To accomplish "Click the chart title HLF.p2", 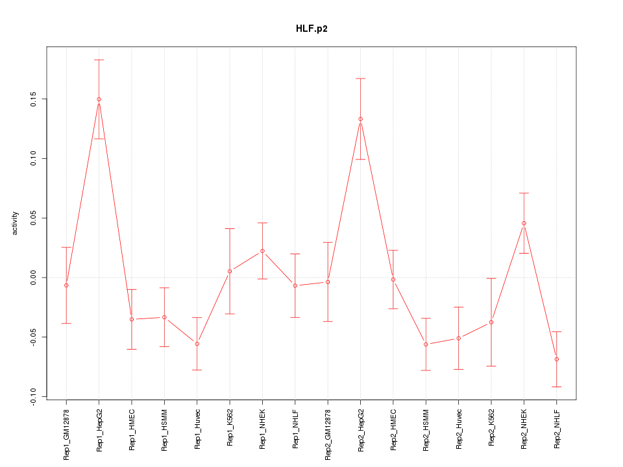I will click(x=311, y=29).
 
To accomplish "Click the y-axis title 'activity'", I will click(x=16, y=223).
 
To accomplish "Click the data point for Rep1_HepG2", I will click(x=99, y=99).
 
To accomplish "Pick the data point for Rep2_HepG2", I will click(x=360, y=119).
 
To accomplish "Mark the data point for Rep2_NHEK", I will click(x=524, y=223).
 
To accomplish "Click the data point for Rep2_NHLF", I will click(x=557, y=359).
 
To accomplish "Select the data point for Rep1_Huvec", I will click(x=197, y=344).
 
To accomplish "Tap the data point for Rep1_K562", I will click(x=230, y=271).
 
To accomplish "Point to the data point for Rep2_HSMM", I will click(x=426, y=344).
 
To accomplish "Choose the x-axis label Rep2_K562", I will click(x=491, y=429).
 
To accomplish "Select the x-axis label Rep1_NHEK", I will click(x=262, y=429).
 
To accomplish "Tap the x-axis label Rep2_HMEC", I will click(x=393, y=429).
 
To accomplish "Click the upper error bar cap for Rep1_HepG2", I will click(x=99, y=60).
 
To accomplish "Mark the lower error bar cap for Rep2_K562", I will click(x=491, y=366).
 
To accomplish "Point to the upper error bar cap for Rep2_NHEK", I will click(x=524, y=193).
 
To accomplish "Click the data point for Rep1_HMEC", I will click(x=132, y=319).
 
